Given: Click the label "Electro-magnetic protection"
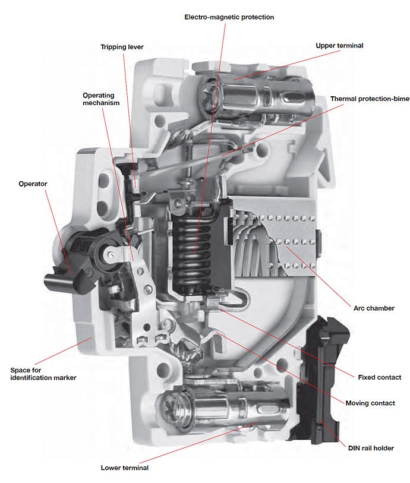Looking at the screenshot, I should (x=229, y=17).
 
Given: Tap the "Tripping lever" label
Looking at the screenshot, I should (x=122, y=46).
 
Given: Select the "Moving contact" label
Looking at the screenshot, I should (x=370, y=403).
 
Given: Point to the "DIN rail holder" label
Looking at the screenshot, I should (x=369, y=447).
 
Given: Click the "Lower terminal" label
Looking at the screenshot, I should (x=125, y=468).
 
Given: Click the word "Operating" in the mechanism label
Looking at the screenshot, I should (x=99, y=94).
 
